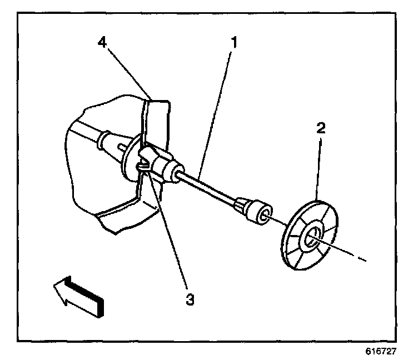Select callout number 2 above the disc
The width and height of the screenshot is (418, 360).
tap(321, 129)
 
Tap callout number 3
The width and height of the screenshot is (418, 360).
tap(190, 299)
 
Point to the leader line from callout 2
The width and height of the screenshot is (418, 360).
tap(319, 167)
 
